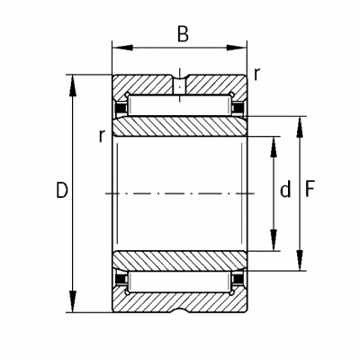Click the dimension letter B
(183, 34)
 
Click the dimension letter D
(62, 190)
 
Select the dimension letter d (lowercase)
(285, 190)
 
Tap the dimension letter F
(310, 190)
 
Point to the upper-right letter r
(256, 74)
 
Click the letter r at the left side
(103, 136)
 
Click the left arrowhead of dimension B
(122, 48)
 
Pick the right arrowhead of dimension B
(237, 48)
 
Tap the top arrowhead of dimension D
(72, 85)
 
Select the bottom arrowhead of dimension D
(72, 301)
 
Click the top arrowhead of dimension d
(274, 147)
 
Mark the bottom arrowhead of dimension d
(274, 240)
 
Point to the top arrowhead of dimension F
(300, 127)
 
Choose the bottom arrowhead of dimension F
(300, 260)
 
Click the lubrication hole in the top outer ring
(179, 85)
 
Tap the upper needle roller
(179, 105)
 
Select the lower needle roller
(179, 282)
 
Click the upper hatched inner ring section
(179, 126)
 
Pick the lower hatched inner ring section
(179, 260)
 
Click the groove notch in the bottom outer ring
(179, 310)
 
